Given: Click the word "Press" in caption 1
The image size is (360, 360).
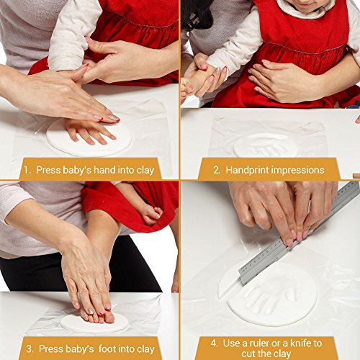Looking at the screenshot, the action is coord(48,170).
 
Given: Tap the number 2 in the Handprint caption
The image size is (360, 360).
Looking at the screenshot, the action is coord(216,170).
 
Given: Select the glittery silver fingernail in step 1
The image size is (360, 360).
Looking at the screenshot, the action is coord(113,117).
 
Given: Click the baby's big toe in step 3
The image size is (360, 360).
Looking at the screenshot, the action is coord(109,318).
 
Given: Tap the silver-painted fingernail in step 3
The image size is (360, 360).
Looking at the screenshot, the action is coord(91,311).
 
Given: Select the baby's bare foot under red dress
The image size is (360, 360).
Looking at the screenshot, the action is coord(150,214).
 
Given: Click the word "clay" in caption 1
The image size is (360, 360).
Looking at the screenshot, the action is coord(145,171).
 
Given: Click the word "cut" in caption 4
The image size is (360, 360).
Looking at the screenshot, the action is coord(248,354).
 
